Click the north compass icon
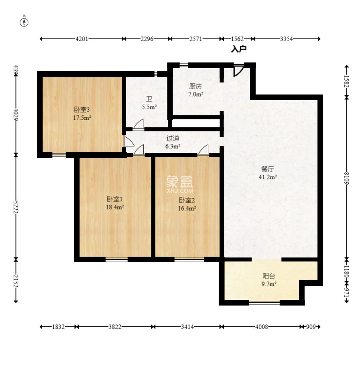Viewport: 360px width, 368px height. pyautogui.click(x=24, y=22)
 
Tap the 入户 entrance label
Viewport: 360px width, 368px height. pyautogui.click(x=239, y=49)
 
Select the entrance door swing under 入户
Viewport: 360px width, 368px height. pyautogui.click(x=238, y=70)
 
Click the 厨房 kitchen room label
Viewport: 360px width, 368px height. pyautogui.click(x=195, y=86)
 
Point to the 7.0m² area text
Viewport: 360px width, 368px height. pyautogui.click(x=196, y=95)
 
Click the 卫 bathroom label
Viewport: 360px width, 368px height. pyautogui.click(x=149, y=99)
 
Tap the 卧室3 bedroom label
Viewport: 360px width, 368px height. pyautogui.click(x=82, y=110)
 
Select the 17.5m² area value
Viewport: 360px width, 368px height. pyautogui.click(x=82, y=118)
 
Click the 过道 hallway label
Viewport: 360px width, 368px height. pyautogui.click(x=173, y=138)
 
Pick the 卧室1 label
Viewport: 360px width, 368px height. pyautogui.click(x=115, y=199)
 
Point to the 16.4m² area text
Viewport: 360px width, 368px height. pyautogui.click(x=187, y=208)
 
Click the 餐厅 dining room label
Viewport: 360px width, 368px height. pyautogui.click(x=267, y=169)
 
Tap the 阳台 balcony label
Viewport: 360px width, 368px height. pyautogui.click(x=269, y=276)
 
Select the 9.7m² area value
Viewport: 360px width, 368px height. pyautogui.click(x=269, y=284)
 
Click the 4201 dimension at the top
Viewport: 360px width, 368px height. pyautogui.click(x=82, y=39)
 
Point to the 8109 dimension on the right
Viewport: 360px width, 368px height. pyautogui.click(x=347, y=178)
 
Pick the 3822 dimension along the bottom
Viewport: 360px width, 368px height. pyautogui.click(x=115, y=327)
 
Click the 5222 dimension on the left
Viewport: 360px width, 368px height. pyautogui.click(x=16, y=207)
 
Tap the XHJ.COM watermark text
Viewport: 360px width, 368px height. pyautogui.click(x=180, y=191)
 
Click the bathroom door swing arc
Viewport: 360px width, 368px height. pyautogui.click(x=139, y=124)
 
